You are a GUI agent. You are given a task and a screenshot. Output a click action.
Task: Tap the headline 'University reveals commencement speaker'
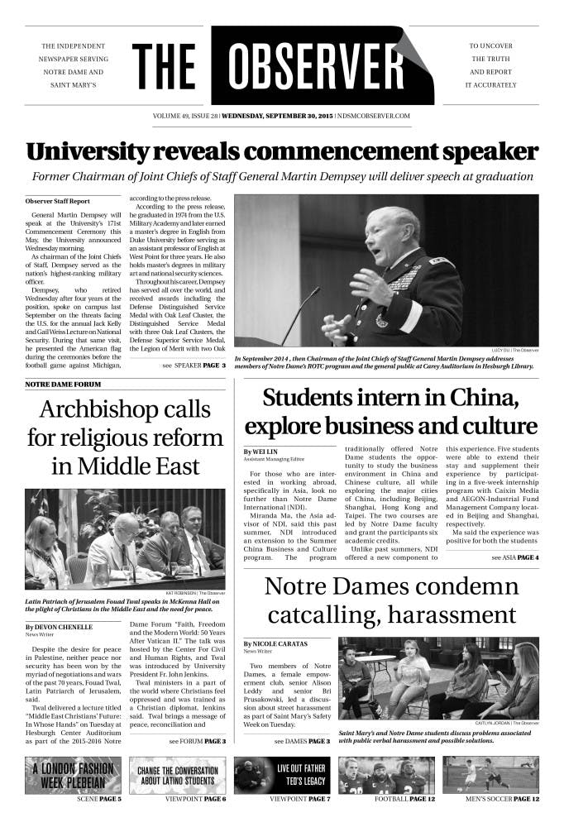(x=282, y=152)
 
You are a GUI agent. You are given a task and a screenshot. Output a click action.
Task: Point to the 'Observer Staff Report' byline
(x=58, y=201)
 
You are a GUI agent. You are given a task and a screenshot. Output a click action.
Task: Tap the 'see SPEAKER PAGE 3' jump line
(x=194, y=365)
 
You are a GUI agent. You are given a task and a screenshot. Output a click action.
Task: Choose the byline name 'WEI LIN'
(x=261, y=451)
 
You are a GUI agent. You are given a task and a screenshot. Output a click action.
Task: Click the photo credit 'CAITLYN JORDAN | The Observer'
(x=505, y=724)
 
